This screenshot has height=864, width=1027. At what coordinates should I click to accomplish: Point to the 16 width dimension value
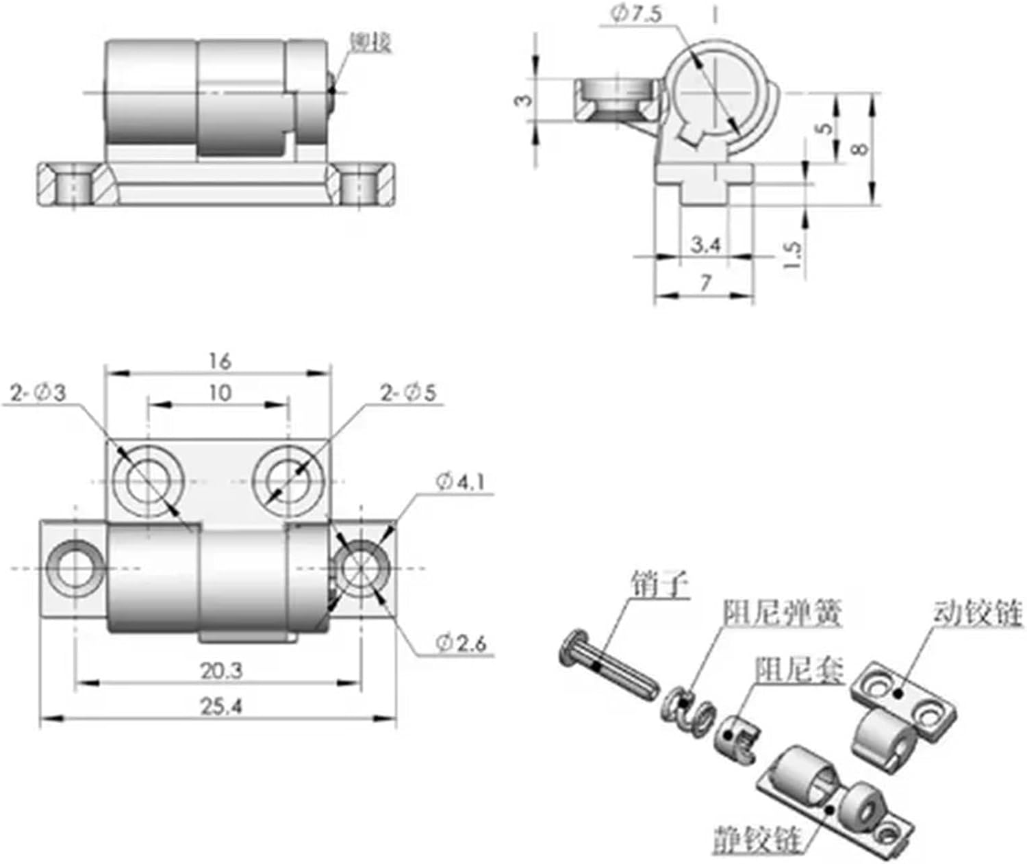pyautogui.click(x=219, y=360)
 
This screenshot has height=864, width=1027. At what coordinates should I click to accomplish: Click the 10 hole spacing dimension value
pyautogui.click(x=219, y=392)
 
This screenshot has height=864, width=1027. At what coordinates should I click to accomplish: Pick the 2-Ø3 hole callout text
pyautogui.click(x=38, y=393)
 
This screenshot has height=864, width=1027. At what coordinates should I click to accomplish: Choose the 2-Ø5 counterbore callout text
pyautogui.click(x=408, y=393)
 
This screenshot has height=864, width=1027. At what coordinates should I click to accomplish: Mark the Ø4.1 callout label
pyautogui.click(x=460, y=482)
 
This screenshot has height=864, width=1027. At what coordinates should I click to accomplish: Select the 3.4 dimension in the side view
pyautogui.click(x=705, y=244)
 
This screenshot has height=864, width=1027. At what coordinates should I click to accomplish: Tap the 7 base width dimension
pyautogui.click(x=705, y=282)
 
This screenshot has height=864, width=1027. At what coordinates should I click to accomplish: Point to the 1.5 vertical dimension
pyautogui.click(x=792, y=255)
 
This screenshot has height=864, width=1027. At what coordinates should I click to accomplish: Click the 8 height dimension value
pyautogui.click(x=861, y=147)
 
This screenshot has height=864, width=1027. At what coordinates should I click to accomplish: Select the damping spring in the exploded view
pyautogui.click(x=685, y=712)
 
